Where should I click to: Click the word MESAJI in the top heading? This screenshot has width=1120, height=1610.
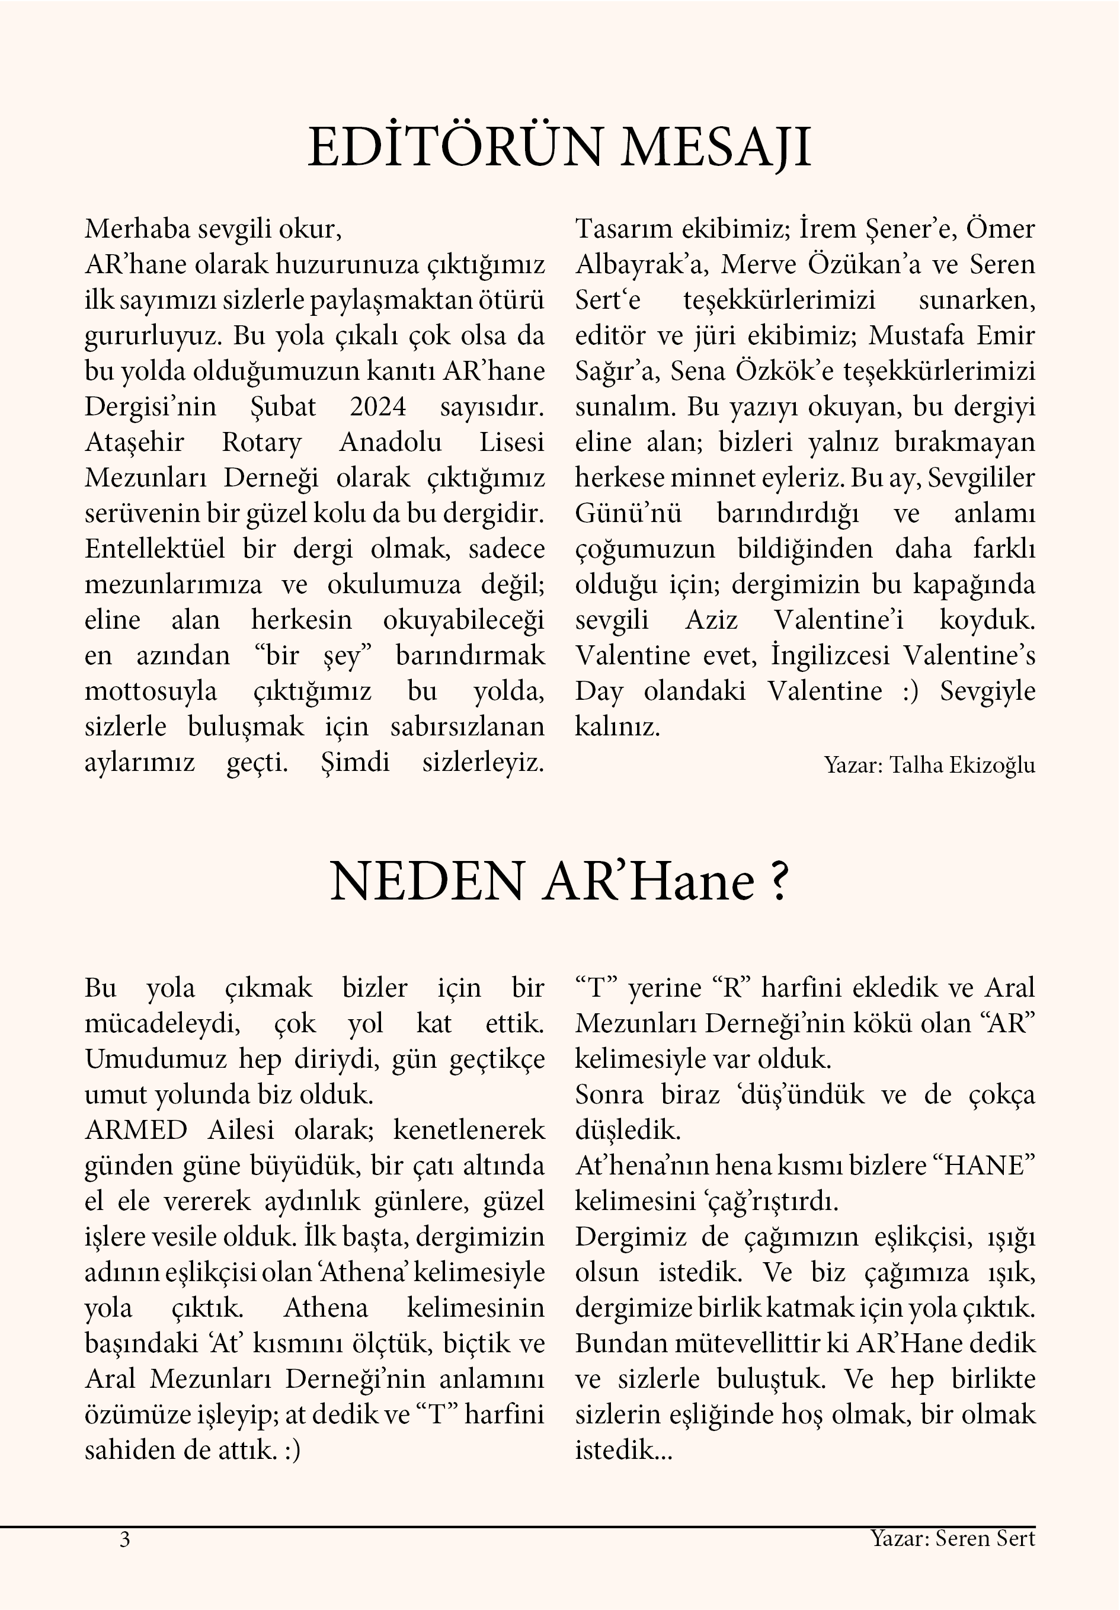(x=715, y=148)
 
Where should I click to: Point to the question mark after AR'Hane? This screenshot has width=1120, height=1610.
(x=779, y=881)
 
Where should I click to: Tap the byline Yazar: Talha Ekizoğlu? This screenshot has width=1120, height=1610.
(x=929, y=764)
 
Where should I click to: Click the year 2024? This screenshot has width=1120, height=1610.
(x=378, y=406)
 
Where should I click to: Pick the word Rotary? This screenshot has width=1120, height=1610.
(x=261, y=443)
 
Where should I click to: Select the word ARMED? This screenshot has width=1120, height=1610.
(x=136, y=1129)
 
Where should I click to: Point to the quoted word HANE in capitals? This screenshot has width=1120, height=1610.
(x=989, y=1166)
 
